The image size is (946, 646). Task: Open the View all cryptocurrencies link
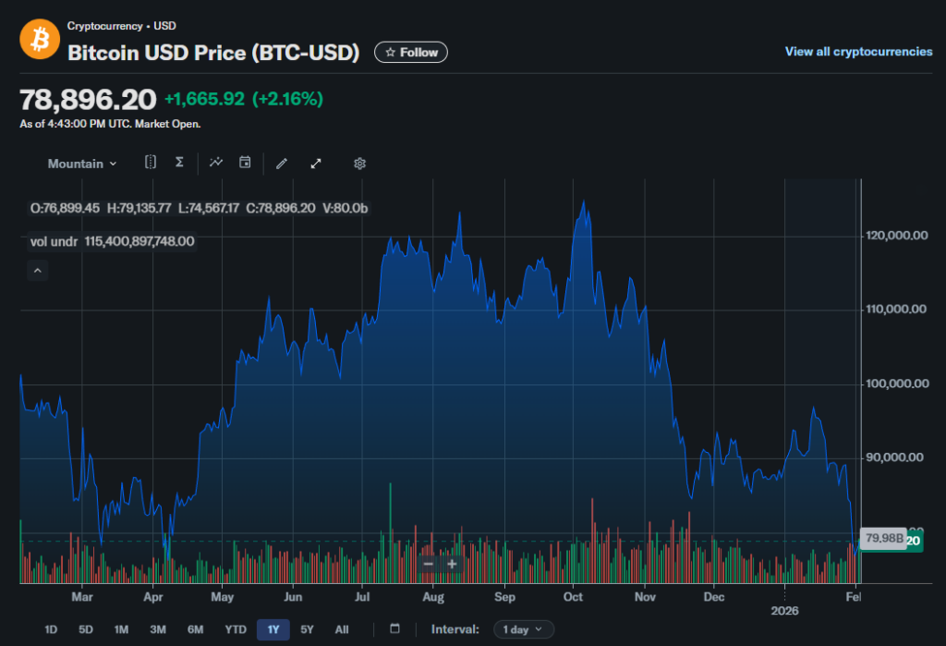858,52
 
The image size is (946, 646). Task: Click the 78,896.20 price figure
88,100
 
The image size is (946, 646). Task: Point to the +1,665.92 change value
204,99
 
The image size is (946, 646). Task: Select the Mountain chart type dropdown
82,164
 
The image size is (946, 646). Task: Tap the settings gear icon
360,164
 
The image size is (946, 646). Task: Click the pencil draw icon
282,164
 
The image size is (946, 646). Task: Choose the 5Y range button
308,629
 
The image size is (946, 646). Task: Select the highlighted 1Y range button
273,629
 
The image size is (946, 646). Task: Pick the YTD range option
236,629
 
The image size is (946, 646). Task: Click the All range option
342,629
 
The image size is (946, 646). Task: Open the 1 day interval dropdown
524,629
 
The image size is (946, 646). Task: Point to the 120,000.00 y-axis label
895,236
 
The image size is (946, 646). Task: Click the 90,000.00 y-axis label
895,457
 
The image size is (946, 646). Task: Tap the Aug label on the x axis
432,598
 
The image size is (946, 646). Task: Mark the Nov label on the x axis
645,598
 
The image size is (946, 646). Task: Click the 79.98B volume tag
882,538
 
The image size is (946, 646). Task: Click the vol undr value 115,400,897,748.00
139,241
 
